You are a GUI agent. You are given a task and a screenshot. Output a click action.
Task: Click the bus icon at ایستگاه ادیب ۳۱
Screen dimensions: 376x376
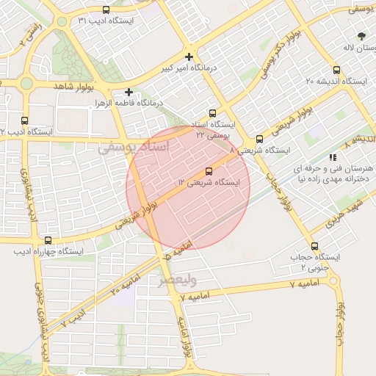click(107, 10)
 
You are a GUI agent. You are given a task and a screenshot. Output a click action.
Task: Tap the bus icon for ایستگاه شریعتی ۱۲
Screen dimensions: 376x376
click(209, 171)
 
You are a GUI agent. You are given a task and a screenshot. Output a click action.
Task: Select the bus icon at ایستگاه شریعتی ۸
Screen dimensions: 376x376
click(259, 140)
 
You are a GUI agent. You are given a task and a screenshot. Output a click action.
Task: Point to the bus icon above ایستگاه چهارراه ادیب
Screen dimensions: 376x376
click(48, 240)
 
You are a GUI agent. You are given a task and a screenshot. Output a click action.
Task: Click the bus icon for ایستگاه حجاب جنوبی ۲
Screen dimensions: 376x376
click(315, 247)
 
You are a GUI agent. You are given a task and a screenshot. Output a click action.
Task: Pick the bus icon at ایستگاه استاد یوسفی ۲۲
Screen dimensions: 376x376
click(212, 114)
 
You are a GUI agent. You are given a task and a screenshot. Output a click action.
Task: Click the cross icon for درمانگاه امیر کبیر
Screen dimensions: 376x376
click(189, 57)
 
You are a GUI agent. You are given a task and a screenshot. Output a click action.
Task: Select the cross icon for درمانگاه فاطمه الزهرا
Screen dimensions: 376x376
click(129, 93)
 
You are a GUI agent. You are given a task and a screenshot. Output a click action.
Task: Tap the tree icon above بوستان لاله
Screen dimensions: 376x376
click(361, 36)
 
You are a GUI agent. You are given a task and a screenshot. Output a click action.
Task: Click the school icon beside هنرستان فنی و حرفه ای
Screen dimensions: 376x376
click(333, 157)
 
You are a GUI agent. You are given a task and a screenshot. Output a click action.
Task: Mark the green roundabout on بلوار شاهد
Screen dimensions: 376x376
click(27, 83)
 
